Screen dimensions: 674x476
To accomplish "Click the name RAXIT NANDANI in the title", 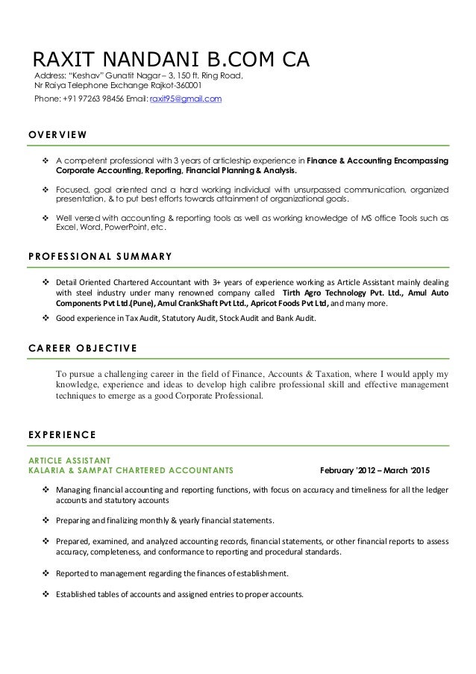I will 111,60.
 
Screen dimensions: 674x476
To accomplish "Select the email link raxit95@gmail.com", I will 186,99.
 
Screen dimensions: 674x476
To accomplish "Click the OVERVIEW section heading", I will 58,135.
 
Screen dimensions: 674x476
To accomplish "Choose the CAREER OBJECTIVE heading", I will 82,347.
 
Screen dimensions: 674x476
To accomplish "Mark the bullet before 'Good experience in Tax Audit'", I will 47,319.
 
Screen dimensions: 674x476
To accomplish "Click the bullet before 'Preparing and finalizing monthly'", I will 47,520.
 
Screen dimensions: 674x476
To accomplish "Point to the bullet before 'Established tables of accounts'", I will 47,595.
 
